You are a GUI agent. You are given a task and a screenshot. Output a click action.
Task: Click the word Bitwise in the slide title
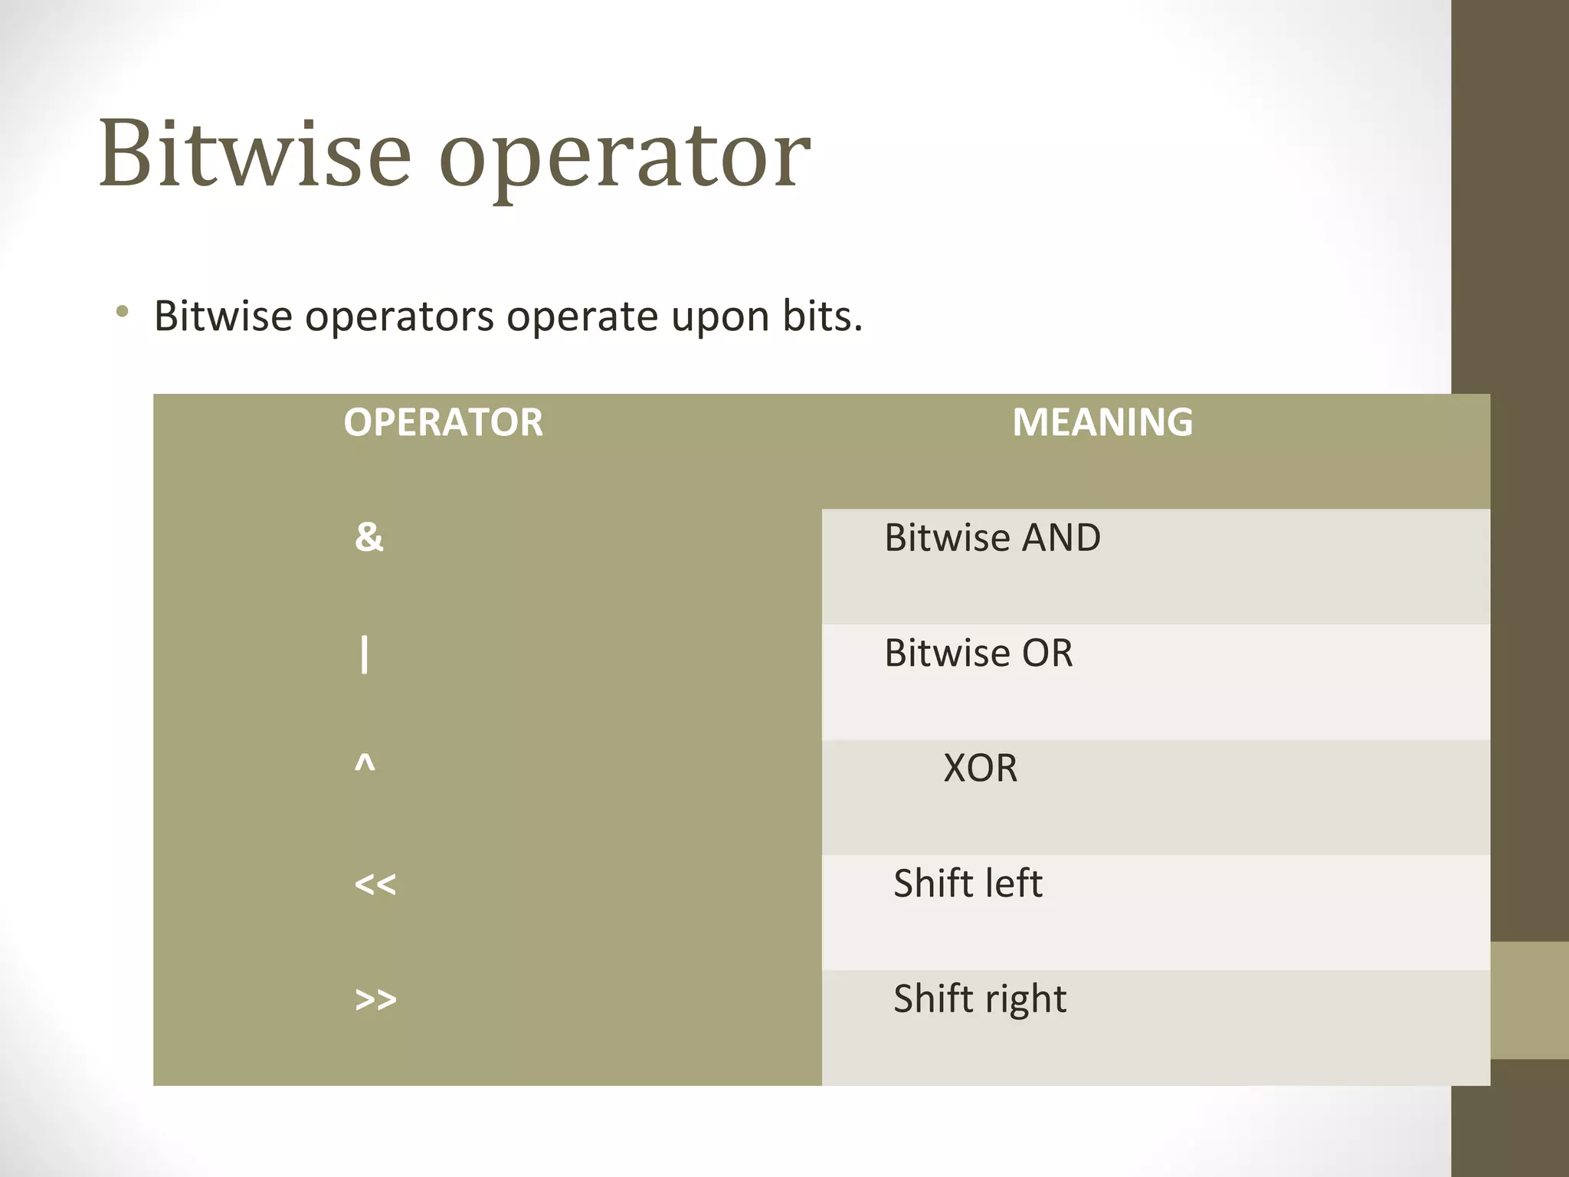[254, 153]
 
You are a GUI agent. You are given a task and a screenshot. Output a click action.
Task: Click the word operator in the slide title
[624, 157]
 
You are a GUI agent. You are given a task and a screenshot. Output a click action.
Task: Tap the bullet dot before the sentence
[122, 311]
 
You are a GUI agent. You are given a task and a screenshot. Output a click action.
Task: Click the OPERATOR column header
[443, 422]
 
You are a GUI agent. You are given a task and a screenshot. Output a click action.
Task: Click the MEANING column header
[1102, 422]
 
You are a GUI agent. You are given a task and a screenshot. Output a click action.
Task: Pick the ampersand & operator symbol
[369, 537]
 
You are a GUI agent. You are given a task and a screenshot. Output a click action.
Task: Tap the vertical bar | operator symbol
[365, 655]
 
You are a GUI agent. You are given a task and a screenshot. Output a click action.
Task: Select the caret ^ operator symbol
[365, 764]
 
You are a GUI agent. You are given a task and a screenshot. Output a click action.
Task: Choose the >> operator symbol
[375, 999]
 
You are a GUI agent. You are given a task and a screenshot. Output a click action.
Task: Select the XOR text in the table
[980, 769]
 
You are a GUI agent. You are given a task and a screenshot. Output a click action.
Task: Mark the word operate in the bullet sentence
[581, 317]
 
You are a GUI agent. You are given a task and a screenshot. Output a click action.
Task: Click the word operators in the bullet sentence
[399, 317]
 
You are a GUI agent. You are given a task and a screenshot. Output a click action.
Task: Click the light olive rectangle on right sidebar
[1529, 1000]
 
